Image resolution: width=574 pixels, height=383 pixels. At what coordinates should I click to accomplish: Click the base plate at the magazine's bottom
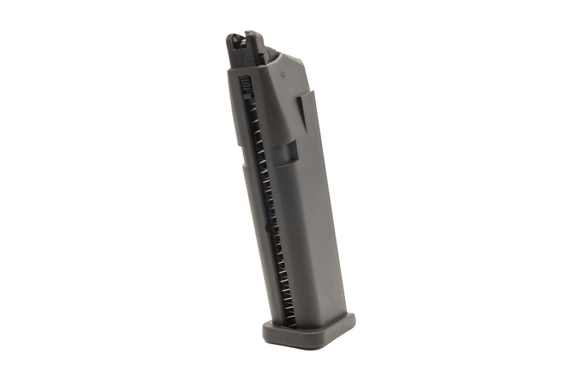[x=309, y=332]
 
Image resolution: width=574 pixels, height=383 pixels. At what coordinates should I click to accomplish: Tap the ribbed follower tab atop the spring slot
[x=245, y=86]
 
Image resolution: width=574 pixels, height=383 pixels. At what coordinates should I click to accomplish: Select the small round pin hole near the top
[x=285, y=72]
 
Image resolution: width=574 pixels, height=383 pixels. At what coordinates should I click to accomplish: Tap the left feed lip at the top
[x=235, y=43]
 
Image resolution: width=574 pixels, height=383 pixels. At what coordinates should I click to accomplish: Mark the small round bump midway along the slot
[x=268, y=228]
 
